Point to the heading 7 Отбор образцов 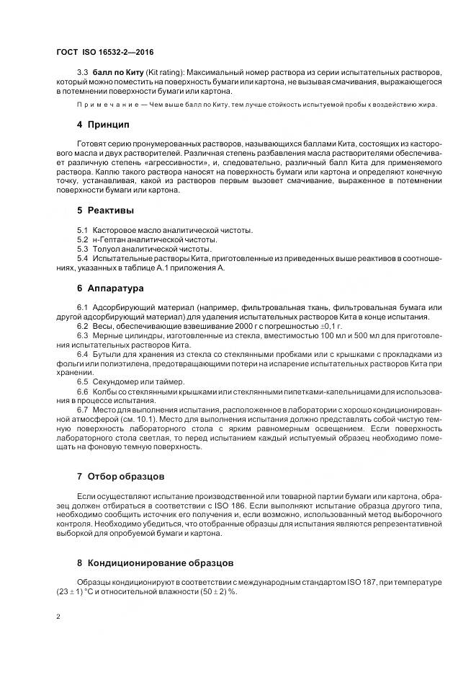pyautogui.click(x=121, y=477)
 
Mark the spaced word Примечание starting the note pyautogui.click(x=107, y=105)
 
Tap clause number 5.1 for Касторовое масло pyautogui.click(x=82, y=230)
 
